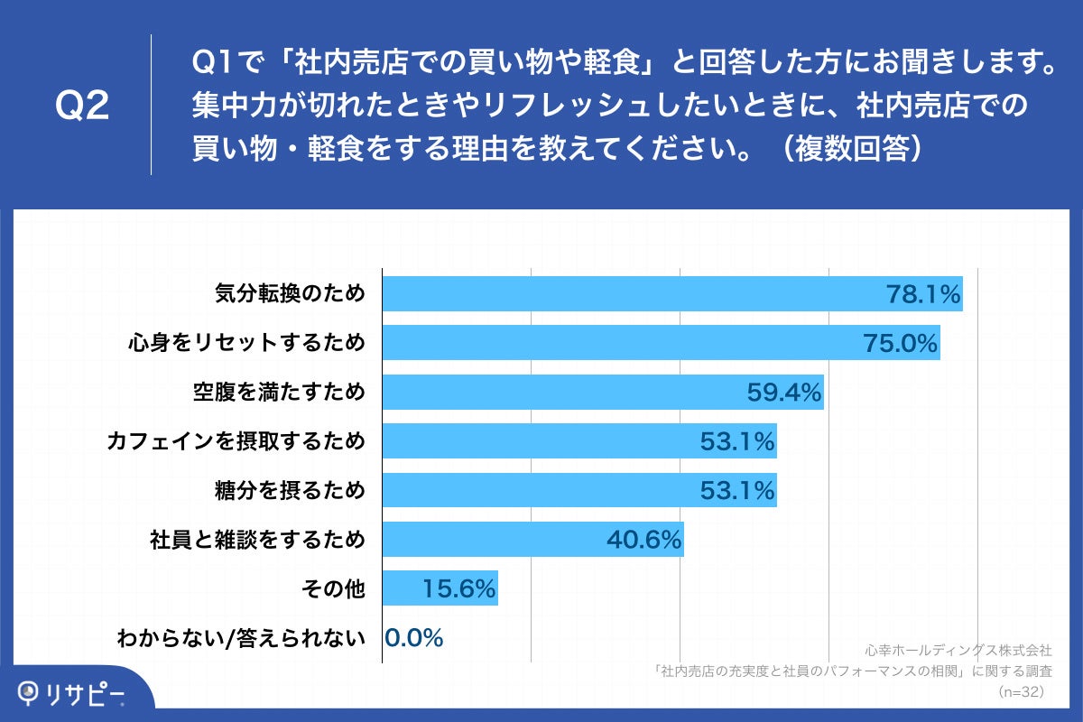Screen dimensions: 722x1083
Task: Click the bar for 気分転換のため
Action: coord(672,294)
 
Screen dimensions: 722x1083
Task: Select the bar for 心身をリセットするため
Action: coord(661,343)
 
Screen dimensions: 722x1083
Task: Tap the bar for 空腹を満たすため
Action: coord(603,392)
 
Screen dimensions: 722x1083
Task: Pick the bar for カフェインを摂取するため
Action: coord(579,441)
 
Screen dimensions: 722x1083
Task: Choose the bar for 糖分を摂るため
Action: coord(579,490)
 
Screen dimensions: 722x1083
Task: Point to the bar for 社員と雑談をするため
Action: coord(532,540)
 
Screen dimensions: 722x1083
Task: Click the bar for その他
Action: coord(440,588)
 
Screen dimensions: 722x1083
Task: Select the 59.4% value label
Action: coord(784,392)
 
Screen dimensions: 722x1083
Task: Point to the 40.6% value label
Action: coord(643,540)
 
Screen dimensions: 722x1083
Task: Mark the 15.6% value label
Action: coord(458,588)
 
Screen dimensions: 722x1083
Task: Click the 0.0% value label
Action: coord(414,638)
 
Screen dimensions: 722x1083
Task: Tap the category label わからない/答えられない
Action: coord(241,638)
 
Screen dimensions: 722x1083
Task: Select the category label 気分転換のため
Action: coord(291,294)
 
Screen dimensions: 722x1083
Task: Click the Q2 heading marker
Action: coord(82,106)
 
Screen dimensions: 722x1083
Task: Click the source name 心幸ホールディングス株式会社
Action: coord(958,650)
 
